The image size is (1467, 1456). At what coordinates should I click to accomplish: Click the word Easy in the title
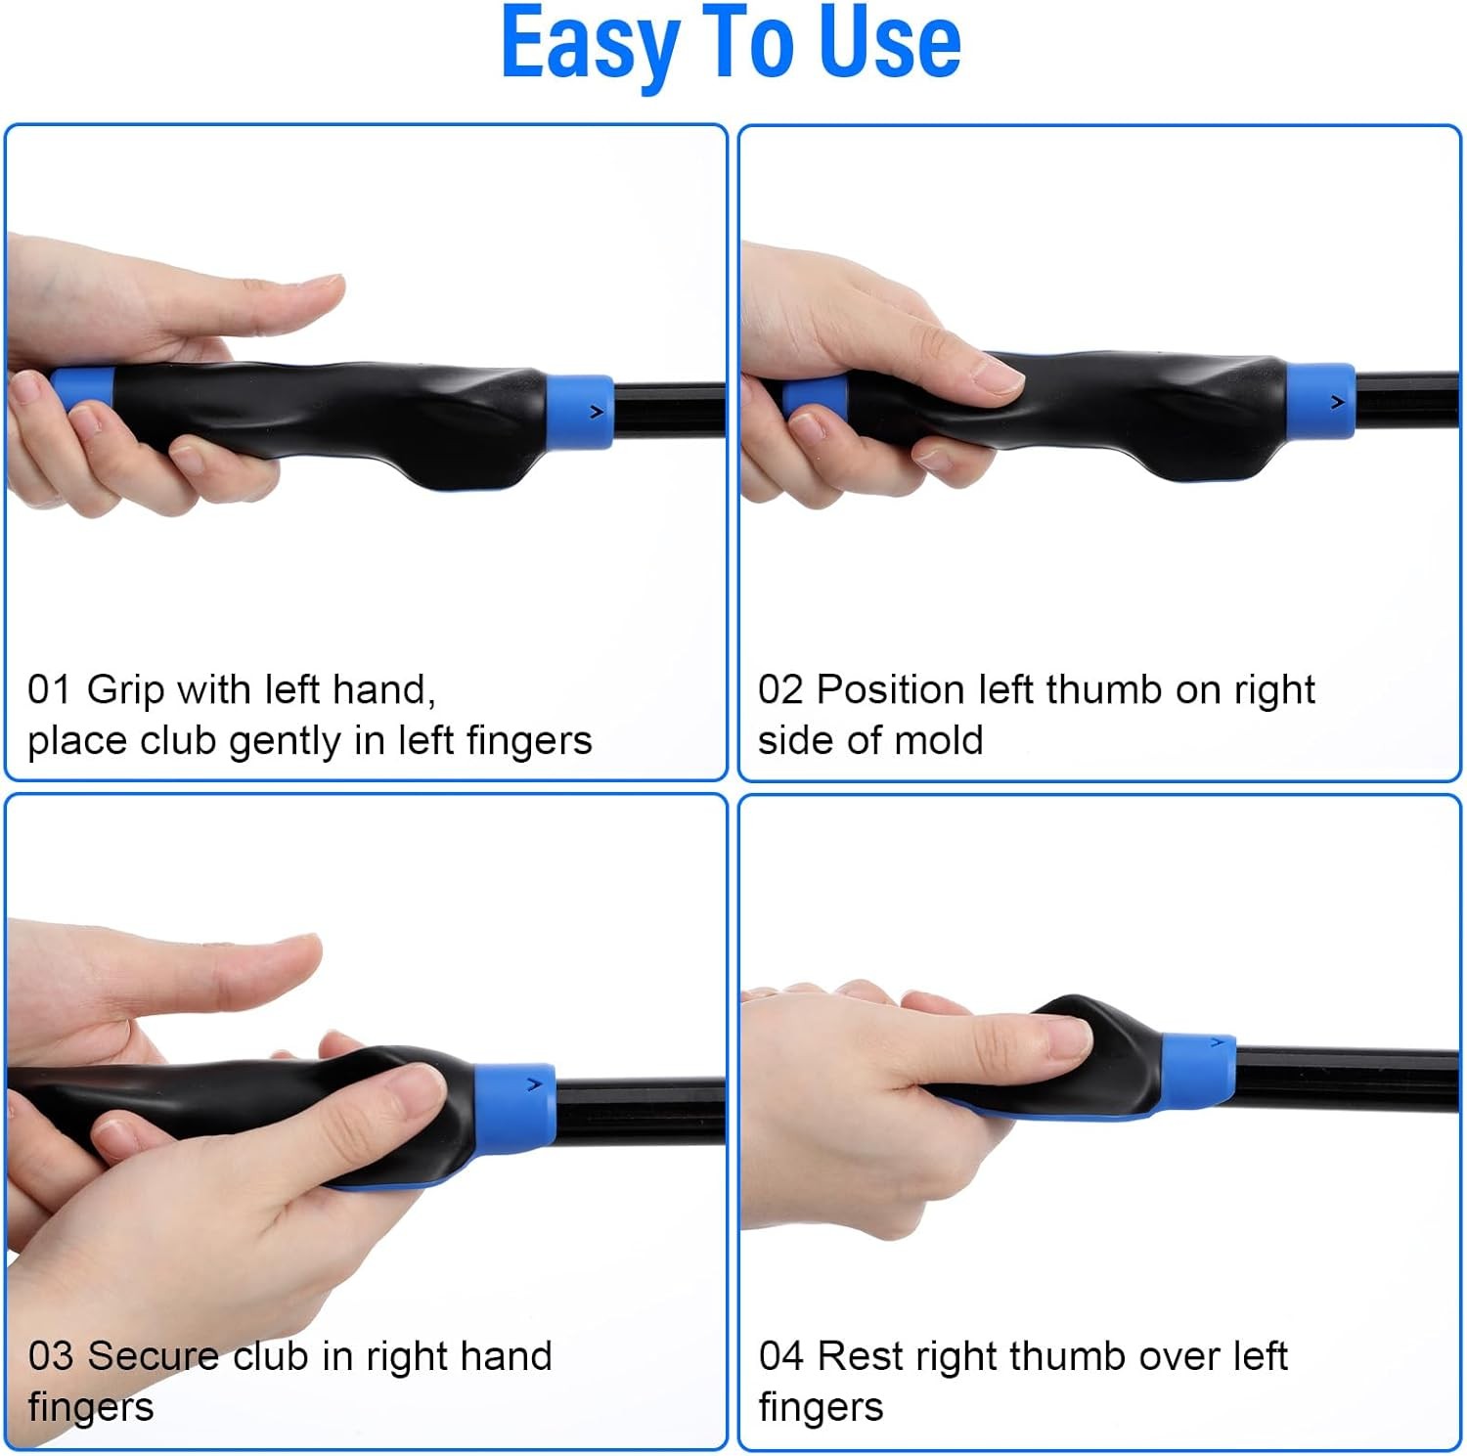click(x=590, y=44)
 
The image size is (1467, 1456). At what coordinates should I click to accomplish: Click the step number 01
click(x=48, y=689)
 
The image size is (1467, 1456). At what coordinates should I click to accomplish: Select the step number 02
click(x=779, y=689)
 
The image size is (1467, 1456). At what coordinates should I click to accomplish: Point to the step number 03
click(x=50, y=1356)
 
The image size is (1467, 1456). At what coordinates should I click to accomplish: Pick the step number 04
click(x=780, y=1356)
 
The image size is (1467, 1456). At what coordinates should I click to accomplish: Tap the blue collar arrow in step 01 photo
click(x=596, y=413)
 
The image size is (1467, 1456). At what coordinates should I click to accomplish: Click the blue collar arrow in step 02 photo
click(x=1337, y=402)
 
